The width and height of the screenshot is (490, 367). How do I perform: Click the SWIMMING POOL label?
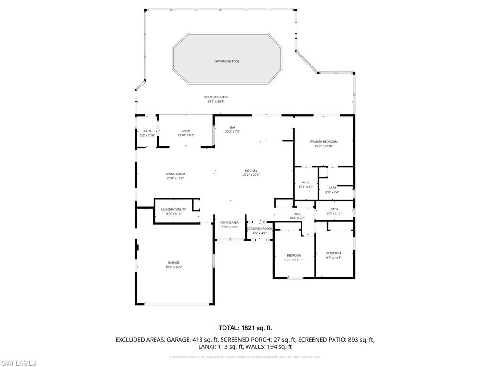[227, 61]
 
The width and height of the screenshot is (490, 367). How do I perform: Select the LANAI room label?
[186, 131]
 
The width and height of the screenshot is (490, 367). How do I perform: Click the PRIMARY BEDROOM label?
[323, 142]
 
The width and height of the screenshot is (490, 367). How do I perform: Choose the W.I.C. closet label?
[306, 183]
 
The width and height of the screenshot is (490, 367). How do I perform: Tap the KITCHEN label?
[251, 171]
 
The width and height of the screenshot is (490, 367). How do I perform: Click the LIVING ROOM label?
[175, 174]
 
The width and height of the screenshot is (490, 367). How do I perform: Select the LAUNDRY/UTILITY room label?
[173, 209]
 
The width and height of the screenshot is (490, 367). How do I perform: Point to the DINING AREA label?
[229, 223]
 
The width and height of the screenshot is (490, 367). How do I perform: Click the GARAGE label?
[174, 262]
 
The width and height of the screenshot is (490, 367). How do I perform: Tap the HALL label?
[297, 214]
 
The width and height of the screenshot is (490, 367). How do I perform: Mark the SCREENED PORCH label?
[259, 229]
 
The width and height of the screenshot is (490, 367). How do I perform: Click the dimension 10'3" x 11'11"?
[294, 259]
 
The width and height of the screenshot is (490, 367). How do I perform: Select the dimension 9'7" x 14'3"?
[334, 258]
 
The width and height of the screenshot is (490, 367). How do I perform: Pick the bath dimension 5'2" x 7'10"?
[147, 135]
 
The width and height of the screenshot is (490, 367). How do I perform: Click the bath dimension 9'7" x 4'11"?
[334, 213]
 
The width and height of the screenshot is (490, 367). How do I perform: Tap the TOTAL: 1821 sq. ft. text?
[245, 328]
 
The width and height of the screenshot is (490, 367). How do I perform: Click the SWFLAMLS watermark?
[18, 364]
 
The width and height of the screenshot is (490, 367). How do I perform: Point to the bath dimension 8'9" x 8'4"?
[332, 192]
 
